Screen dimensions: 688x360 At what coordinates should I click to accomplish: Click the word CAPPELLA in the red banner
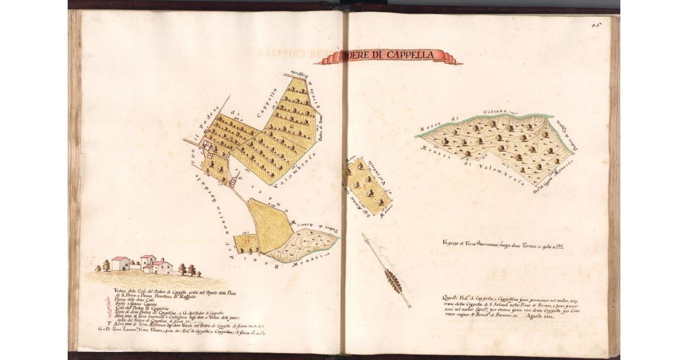tap(415, 55)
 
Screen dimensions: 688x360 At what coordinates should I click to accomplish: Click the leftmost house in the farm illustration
tap(120, 263)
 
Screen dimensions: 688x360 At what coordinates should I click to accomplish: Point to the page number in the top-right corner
tap(606, 25)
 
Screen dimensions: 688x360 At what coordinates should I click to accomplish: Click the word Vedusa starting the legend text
tap(122, 289)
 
